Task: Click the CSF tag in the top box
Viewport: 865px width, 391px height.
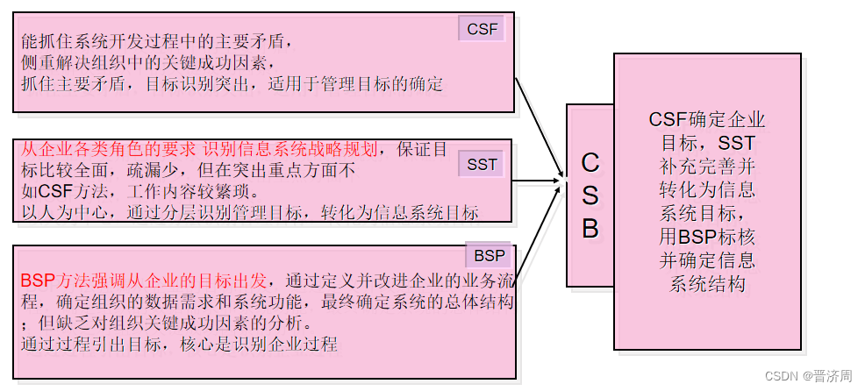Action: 482,29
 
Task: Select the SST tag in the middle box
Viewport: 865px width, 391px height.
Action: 482,164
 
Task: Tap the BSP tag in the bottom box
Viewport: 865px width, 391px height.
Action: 490,256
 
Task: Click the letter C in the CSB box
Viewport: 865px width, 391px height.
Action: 590,162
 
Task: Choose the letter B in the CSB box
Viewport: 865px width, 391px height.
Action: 590,228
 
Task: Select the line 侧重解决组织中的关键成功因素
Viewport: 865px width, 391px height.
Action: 148,62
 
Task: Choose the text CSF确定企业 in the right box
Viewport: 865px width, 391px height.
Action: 707,119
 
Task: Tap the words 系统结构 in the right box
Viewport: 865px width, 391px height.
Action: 707,284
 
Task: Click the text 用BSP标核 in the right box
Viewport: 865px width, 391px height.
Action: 707,237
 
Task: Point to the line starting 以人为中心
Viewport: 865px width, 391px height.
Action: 249,211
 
